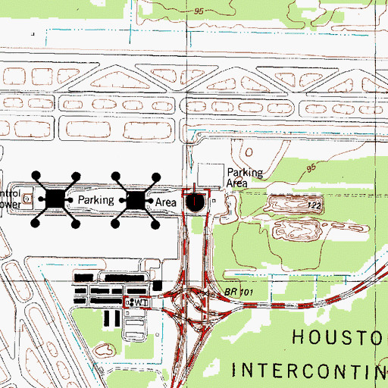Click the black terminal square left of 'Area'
136,200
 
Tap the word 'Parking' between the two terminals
96,201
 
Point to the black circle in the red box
196,202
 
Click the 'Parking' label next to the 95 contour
245,173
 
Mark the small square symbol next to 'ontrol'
29,199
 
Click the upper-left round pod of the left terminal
35,176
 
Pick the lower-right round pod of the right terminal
157,224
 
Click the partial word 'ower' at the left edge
8,203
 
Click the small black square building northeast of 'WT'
157,285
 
